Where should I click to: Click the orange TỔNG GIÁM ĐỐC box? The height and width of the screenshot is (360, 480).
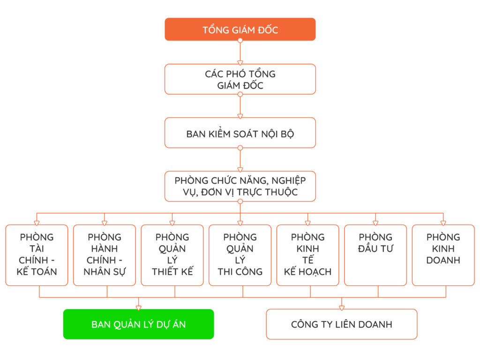click(240, 30)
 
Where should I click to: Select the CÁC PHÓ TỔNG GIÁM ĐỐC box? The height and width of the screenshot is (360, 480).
click(240, 79)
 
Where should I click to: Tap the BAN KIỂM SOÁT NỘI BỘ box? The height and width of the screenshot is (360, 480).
click(240, 133)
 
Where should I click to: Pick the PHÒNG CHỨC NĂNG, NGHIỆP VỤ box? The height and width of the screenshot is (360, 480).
click(240, 186)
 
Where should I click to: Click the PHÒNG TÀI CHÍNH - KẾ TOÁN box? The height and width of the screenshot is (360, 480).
click(37, 255)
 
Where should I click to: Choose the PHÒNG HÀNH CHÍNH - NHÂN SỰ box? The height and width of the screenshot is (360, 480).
click(105, 255)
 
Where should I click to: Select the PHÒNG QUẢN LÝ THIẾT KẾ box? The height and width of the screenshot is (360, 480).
click(172, 255)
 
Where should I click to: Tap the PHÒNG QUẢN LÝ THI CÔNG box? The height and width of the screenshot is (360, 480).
click(240, 255)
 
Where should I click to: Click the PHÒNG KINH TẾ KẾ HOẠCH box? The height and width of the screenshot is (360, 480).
click(307, 255)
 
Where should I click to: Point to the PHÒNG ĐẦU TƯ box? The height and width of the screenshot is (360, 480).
click(375, 255)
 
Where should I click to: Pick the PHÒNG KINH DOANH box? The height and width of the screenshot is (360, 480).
click(443, 255)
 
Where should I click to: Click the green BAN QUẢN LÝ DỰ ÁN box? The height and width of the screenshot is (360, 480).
click(139, 324)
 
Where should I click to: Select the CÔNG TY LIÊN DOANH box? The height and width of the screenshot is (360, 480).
click(342, 324)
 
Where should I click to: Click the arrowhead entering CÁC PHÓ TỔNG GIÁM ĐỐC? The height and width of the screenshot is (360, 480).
click(240, 61)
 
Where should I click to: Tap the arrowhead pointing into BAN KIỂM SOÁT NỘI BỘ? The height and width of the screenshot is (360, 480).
click(240, 115)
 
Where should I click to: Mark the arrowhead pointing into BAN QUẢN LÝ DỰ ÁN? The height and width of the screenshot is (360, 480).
click(139, 307)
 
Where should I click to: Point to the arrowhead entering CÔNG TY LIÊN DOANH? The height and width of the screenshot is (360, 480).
click(342, 307)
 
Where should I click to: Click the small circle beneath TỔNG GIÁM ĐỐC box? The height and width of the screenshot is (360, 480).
click(240, 41)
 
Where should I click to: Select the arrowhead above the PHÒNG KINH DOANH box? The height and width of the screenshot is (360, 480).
click(443, 222)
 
